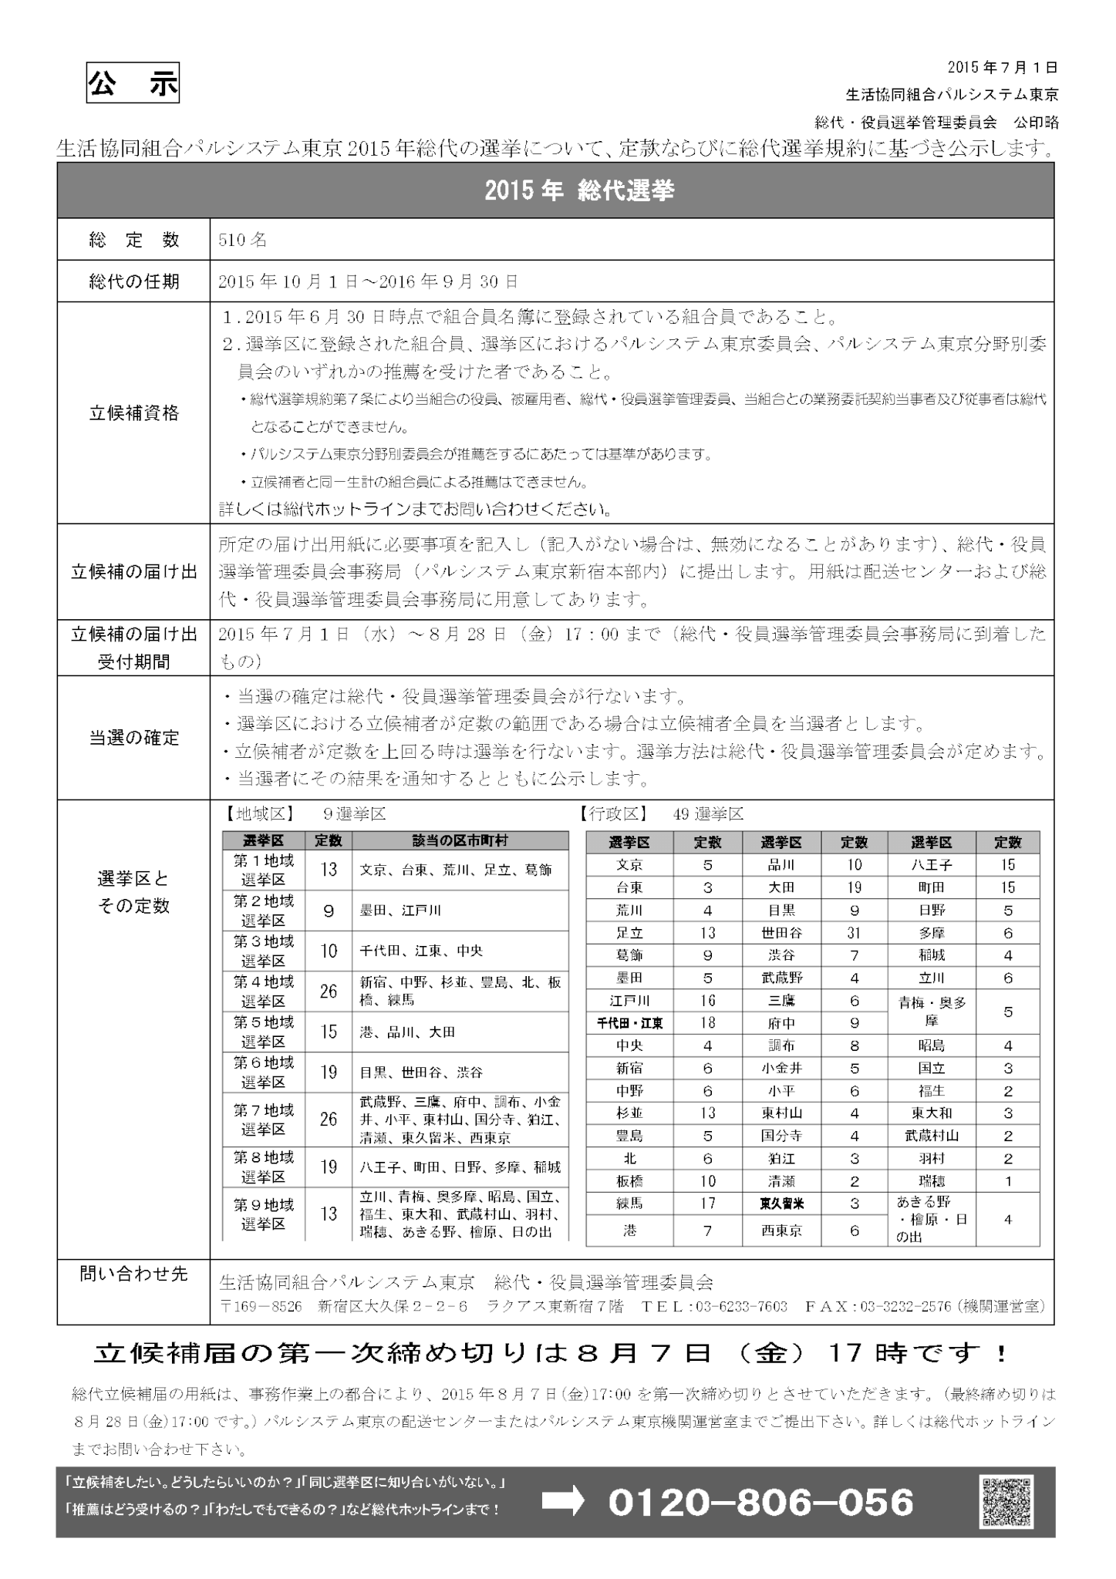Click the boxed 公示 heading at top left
pos(133,85)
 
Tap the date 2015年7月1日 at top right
pos(1003,68)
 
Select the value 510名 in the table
pos(243,240)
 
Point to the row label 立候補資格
pos(133,413)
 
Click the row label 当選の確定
pos(133,738)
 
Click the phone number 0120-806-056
pos(761,1503)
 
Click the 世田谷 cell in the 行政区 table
pos(781,933)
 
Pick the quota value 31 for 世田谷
pos(854,933)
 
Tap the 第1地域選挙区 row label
pos(264,870)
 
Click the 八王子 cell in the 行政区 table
pos(932,865)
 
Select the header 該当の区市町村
pos(460,840)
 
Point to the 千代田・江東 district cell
pos(630,1023)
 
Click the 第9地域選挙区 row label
pos(264,1214)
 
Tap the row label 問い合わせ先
pos(133,1274)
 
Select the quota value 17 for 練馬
pos(707,1204)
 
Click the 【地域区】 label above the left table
pos(258,814)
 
